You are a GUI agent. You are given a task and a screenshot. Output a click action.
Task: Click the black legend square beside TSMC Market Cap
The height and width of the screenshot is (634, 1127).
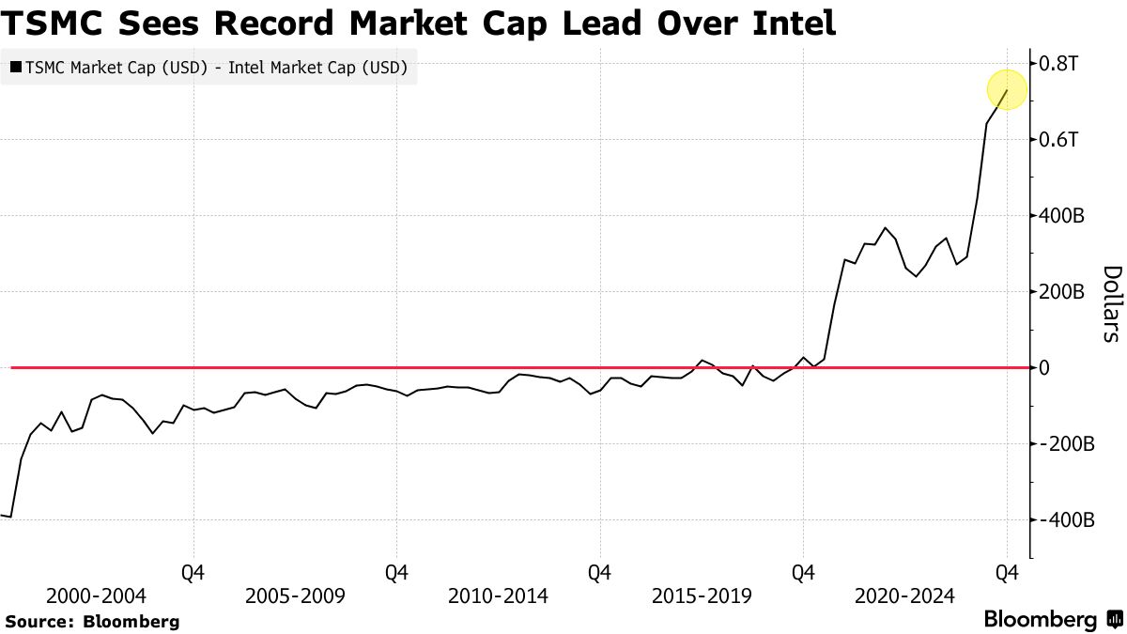coord(16,68)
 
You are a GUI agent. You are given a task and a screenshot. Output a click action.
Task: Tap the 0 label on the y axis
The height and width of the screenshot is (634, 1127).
coord(1043,368)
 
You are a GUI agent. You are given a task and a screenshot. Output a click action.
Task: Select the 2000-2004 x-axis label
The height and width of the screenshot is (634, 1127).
coord(96,596)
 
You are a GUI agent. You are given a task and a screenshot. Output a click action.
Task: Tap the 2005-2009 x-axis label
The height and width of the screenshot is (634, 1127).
coord(295,596)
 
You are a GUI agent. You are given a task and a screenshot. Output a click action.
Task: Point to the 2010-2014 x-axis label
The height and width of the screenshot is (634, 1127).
coord(499,596)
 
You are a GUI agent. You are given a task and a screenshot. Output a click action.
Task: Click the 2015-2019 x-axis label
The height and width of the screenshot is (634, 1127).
coord(702,596)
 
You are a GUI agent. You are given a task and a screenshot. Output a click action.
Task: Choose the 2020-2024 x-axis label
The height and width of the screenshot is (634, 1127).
coord(904,596)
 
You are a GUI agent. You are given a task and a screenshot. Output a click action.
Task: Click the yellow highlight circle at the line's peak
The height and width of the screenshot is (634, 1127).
coord(1007,90)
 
